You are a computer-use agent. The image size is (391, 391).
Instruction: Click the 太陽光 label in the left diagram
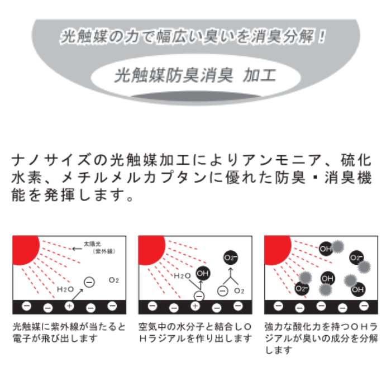point(92,244)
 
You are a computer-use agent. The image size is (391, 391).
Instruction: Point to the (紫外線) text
point(104,251)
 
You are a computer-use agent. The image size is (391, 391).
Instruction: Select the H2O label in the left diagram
point(65,289)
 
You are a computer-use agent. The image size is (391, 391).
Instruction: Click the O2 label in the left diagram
point(114,280)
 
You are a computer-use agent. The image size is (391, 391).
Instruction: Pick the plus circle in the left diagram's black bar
point(69,306)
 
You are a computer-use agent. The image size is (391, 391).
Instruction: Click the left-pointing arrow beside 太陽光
point(77,249)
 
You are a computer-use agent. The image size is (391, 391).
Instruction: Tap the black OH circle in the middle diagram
point(203,273)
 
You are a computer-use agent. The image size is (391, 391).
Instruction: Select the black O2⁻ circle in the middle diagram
point(230,258)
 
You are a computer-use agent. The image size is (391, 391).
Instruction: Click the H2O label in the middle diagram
point(182,275)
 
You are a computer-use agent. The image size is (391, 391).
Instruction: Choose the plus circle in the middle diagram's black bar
point(195,306)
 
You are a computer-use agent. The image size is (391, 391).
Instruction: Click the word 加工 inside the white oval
point(260,75)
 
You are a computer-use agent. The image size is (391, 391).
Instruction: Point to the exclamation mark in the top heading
point(322,37)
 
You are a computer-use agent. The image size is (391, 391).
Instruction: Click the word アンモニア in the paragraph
point(282,160)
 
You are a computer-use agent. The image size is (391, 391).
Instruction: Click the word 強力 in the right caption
point(273,326)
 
